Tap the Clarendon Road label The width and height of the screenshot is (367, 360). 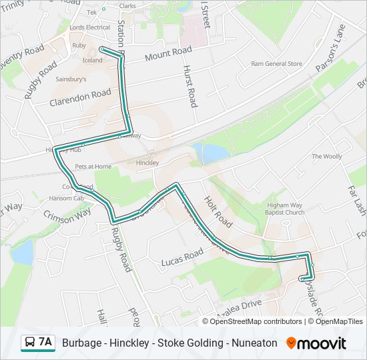tap(80, 97)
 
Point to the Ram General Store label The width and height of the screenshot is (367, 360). tap(276, 64)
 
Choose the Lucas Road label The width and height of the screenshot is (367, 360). tap(182, 257)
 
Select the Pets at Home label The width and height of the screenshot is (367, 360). tap(93, 166)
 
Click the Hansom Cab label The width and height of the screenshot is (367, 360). tap(66, 198)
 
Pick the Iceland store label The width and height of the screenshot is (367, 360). tap(93, 60)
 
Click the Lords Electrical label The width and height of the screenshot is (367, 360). tap(90, 27)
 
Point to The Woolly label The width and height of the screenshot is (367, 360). tap(326, 156)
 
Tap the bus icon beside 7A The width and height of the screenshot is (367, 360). tap(30, 343)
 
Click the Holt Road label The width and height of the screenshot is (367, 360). tap(218, 212)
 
